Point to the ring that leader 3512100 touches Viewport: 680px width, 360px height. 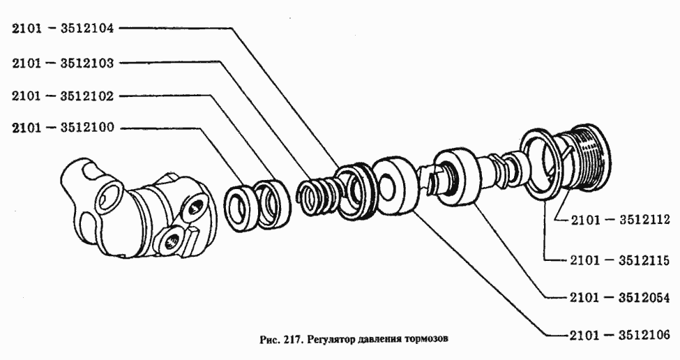[243, 207]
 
